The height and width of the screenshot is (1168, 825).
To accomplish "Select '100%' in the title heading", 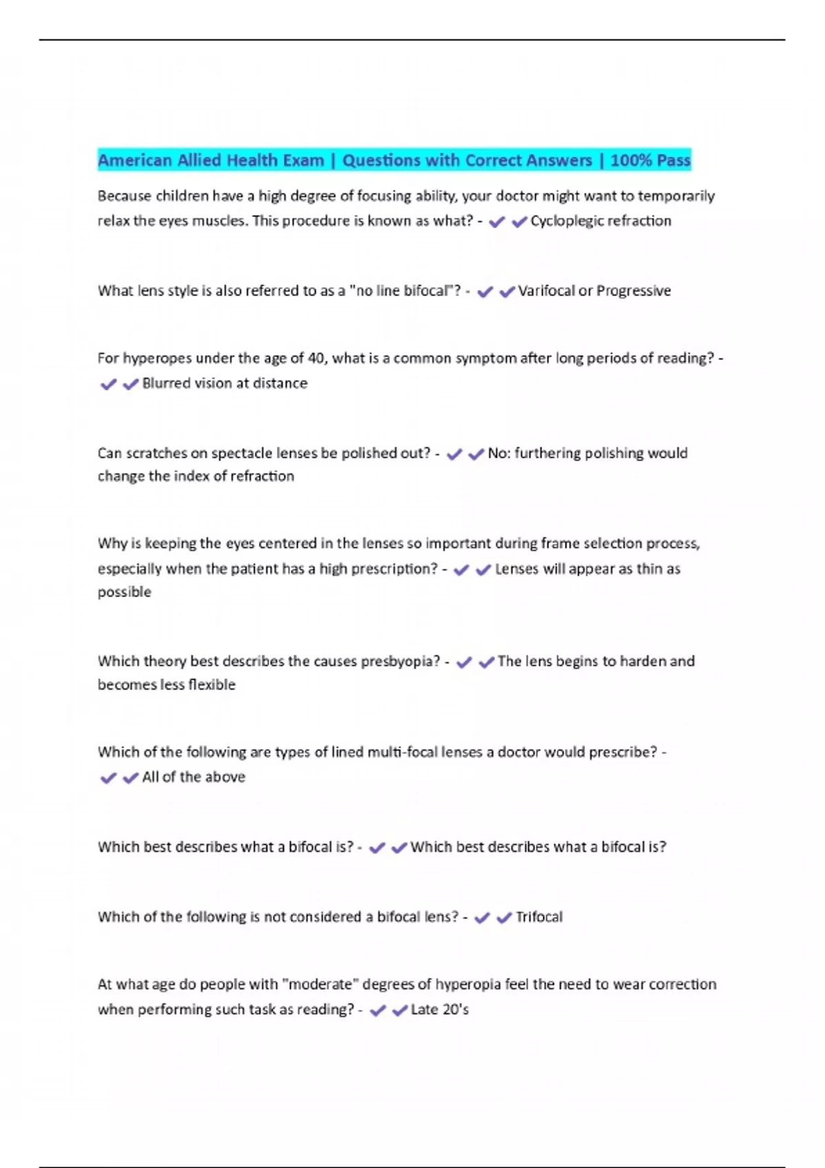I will coord(631,161).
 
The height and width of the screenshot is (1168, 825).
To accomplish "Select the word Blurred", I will coord(166,383).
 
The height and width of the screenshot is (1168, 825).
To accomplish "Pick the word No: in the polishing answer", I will coord(498,453).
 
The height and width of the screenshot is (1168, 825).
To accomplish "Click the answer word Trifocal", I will coord(539,917).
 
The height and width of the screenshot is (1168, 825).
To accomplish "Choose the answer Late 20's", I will coord(439,1010).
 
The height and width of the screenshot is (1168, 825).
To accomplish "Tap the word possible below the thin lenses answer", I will coord(124,592).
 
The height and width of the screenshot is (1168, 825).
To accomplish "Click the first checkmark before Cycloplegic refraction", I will coord(496,222).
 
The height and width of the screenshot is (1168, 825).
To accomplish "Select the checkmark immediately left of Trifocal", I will coord(504,918).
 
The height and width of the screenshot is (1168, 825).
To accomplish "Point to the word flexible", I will coord(212,685).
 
